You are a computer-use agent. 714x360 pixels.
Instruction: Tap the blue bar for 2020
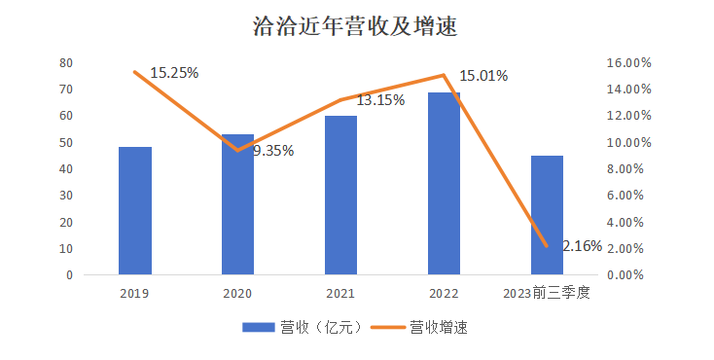click(237, 204)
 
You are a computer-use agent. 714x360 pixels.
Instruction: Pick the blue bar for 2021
click(340, 195)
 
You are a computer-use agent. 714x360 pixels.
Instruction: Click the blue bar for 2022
click(444, 183)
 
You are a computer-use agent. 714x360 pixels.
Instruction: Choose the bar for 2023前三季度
click(547, 215)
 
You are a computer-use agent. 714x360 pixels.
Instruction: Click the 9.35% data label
click(273, 151)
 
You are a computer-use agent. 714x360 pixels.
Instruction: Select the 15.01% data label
click(483, 75)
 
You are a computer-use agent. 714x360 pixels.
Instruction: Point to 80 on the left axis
click(66, 62)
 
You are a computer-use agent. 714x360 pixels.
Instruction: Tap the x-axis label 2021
click(340, 292)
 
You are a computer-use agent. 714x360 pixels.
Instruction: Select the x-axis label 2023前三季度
click(547, 292)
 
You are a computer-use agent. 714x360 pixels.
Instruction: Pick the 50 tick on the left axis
click(66, 142)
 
